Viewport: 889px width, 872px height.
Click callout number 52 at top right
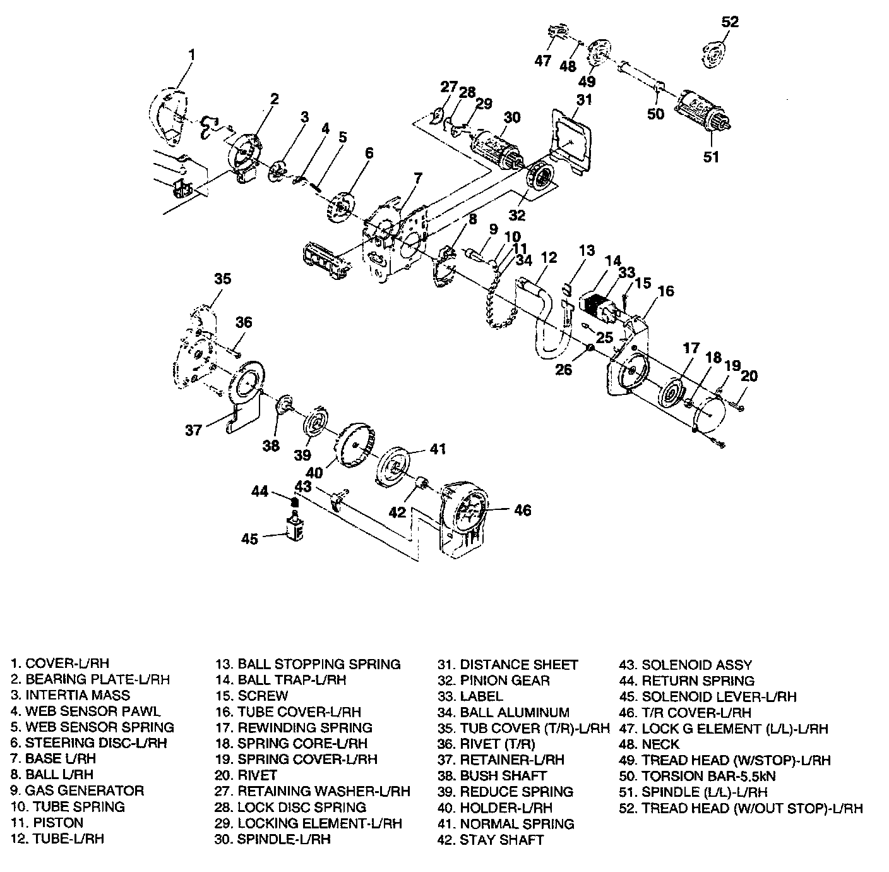(x=729, y=21)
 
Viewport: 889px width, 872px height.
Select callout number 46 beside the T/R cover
(x=522, y=509)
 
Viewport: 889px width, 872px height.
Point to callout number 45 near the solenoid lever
(x=249, y=539)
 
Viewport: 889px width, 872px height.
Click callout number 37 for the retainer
(x=193, y=430)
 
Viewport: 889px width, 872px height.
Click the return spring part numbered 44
(x=294, y=502)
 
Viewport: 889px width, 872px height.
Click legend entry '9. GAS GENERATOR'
(x=76, y=790)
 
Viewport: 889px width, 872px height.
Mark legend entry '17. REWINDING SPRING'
(x=294, y=727)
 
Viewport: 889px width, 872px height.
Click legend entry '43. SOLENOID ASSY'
(x=686, y=665)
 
